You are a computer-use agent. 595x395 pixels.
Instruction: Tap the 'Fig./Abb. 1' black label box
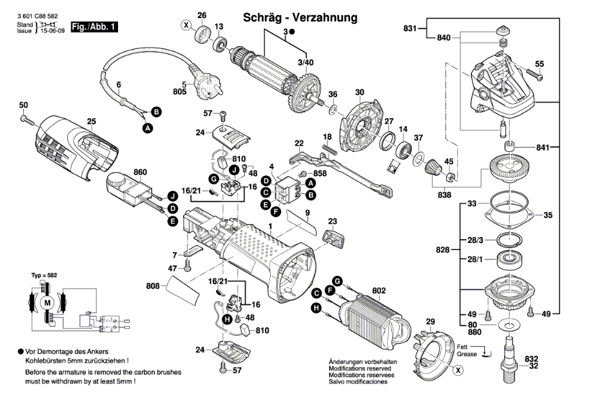click(x=94, y=27)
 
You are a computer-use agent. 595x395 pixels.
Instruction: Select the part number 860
click(x=140, y=172)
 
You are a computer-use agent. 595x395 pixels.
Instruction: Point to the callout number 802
click(x=378, y=291)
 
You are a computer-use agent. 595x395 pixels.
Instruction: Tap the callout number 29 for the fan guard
click(x=431, y=322)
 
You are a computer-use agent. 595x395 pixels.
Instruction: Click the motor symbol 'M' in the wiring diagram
click(x=46, y=303)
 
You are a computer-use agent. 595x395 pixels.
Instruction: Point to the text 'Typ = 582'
click(x=44, y=275)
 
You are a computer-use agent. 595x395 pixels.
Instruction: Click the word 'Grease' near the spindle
click(x=467, y=355)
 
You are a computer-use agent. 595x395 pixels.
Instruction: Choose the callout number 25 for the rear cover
click(x=91, y=121)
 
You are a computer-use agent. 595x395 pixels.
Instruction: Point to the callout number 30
click(x=359, y=92)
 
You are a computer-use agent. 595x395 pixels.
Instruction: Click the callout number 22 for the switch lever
click(x=298, y=142)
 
